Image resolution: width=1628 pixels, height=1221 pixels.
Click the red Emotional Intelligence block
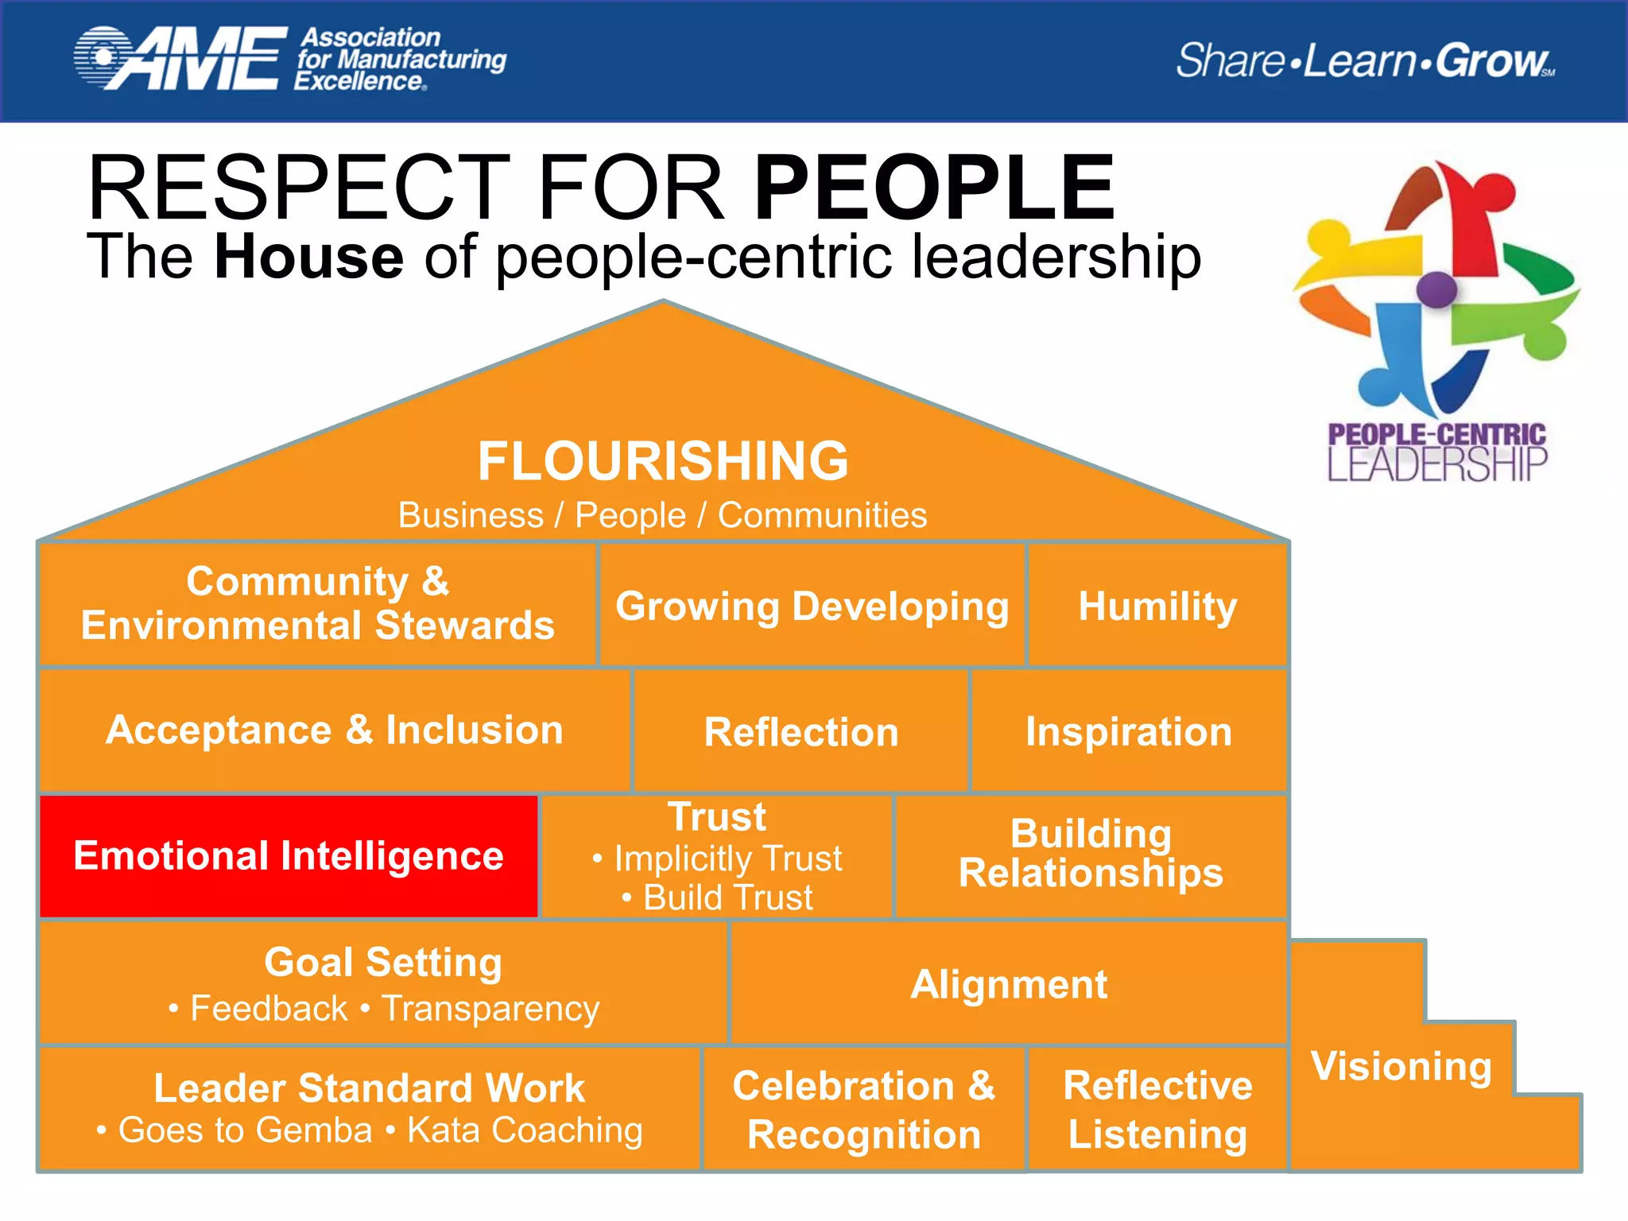(x=289, y=856)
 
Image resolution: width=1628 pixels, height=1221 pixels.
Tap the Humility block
(x=1157, y=606)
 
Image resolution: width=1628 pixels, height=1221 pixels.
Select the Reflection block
(x=800, y=731)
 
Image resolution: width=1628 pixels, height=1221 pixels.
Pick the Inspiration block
(x=1128, y=731)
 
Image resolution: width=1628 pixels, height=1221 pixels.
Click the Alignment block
(x=1008, y=984)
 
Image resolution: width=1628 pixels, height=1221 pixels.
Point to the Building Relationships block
(x=1091, y=854)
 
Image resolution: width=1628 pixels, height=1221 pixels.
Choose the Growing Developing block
(x=812, y=606)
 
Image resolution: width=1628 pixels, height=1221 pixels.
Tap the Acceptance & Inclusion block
(x=334, y=730)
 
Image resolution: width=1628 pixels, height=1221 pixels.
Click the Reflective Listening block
(x=1157, y=1109)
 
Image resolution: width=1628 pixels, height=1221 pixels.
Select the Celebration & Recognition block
(x=863, y=1109)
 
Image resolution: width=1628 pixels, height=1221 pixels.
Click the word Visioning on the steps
(x=1401, y=1066)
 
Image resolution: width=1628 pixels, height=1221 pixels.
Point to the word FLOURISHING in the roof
(x=663, y=461)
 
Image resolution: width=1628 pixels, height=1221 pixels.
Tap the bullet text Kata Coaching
(x=525, y=1130)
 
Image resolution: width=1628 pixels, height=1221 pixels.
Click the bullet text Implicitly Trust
(x=727, y=859)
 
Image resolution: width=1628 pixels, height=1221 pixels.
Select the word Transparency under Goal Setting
(x=490, y=1008)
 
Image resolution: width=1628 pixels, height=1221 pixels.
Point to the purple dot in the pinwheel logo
(x=1436, y=290)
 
